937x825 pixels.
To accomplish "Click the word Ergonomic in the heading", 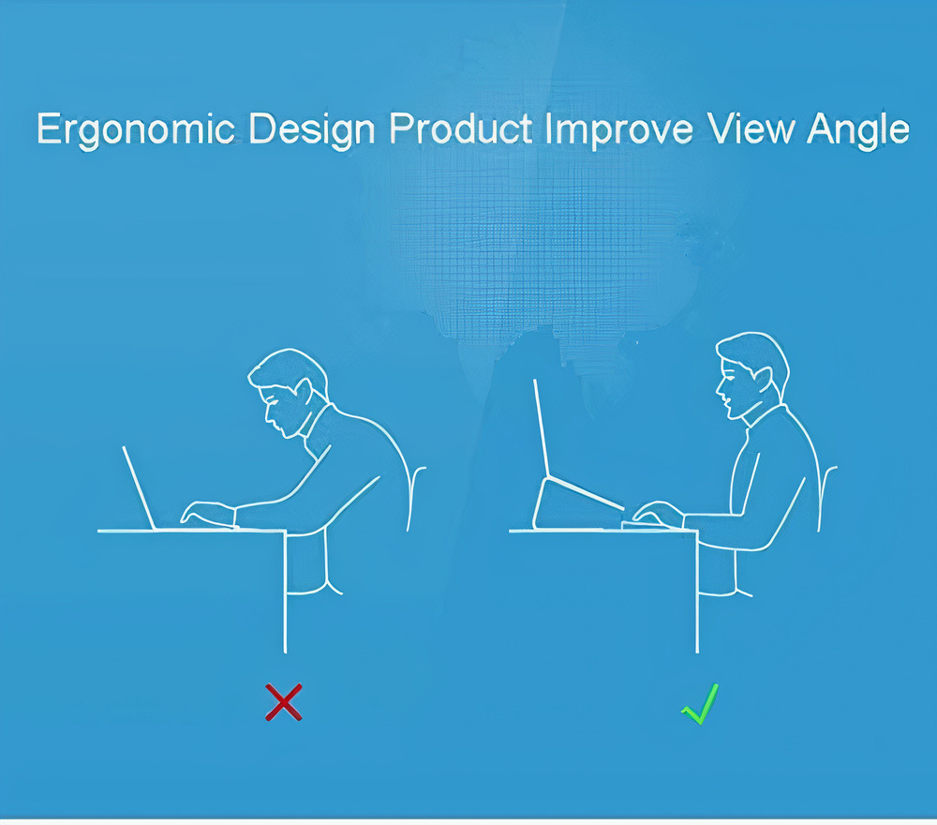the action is point(136,129).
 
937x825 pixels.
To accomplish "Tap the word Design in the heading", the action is point(311,129).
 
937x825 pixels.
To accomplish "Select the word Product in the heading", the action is point(461,127).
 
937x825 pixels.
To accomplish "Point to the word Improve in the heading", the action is point(619,129).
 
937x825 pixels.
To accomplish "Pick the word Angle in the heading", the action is point(858,129).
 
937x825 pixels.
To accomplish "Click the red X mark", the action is point(284,702).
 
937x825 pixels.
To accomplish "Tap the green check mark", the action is point(700,704).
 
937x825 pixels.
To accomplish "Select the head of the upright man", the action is point(751,375).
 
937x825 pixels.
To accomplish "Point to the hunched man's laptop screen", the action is point(140,487).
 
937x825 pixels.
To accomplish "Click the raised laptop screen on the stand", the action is point(542,428).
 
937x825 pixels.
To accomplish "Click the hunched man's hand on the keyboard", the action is point(207,513).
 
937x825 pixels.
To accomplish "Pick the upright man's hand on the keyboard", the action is point(659,512).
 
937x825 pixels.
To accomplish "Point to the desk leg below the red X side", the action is point(285,592).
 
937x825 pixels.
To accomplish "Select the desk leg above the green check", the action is point(697,592).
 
